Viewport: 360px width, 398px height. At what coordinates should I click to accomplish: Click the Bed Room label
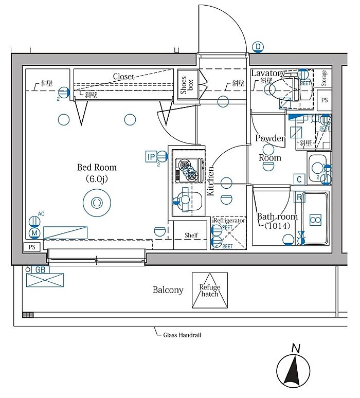click(x=97, y=168)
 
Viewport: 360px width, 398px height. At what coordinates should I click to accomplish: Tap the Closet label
click(x=123, y=77)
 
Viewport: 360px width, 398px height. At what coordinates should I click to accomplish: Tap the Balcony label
click(x=168, y=290)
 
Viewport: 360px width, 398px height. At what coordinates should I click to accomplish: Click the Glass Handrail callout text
click(x=182, y=335)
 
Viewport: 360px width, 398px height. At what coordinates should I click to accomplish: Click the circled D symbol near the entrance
click(x=258, y=48)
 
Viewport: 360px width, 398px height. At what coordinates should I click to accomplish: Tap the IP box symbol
click(x=151, y=157)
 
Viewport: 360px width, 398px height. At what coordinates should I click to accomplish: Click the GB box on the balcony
click(x=40, y=269)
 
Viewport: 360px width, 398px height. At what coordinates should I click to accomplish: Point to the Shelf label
click(x=191, y=236)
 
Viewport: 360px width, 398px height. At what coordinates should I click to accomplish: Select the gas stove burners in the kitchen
click(x=187, y=171)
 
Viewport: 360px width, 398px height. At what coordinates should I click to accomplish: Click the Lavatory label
click(x=268, y=74)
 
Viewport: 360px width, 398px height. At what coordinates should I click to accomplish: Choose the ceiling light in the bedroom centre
click(x=96, y=203)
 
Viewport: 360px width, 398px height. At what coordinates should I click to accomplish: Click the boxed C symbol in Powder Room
click(x=298, y=179)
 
